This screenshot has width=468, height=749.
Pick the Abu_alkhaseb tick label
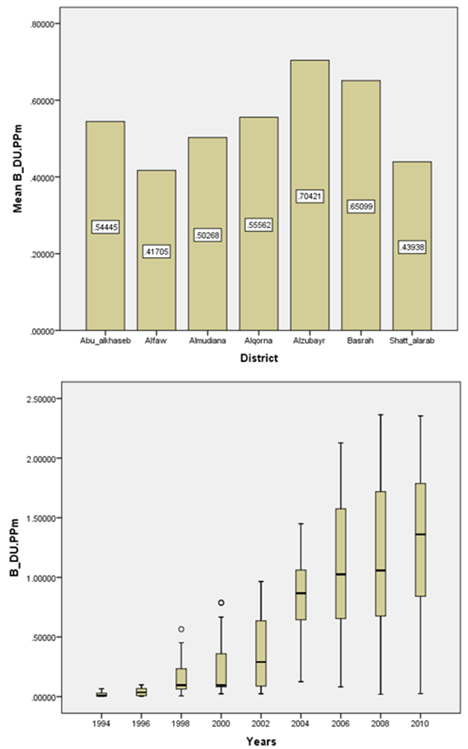click(105, 340)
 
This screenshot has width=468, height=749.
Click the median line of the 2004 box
click(300, 593)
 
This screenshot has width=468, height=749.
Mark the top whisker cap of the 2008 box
click(380, 415)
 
